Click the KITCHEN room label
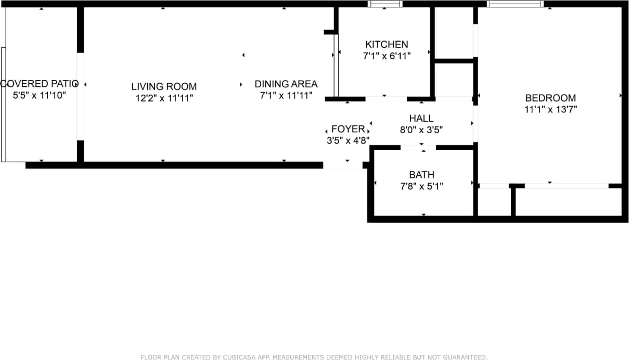[387, 45]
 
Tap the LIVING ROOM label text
[164, 86]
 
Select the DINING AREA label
[286, 84]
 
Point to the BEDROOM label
[550, 98]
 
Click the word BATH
[421, 175]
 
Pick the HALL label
[421, 119]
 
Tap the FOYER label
[348, 129]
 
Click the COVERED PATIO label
[40, 84]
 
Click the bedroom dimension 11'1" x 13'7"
[550, 109]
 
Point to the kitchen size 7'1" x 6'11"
[387, 56]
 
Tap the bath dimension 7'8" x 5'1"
[421, 186]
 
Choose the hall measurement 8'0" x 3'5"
[421, 130]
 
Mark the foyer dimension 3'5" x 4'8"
[348, 140]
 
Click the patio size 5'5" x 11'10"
[40, 95]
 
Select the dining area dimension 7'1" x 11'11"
[286, 95]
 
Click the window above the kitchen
[385, 4]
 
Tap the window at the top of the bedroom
[515, 4]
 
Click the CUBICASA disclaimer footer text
[314, 357]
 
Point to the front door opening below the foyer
[343, 165]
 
